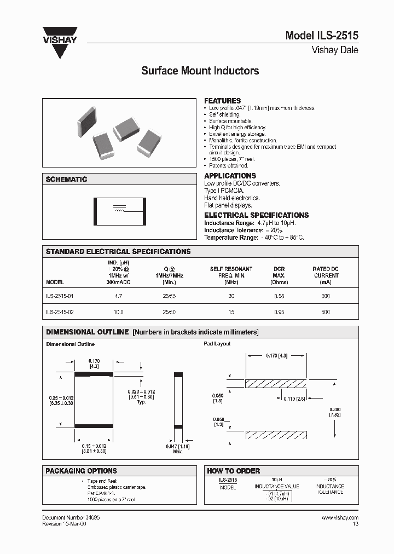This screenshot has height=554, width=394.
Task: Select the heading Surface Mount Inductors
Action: click(200, 71)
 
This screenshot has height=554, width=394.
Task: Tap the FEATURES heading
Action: click(222, 101)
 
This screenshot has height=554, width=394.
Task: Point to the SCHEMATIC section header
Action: click(66, 180)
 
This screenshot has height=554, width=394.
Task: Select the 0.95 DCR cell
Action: click(279, 312)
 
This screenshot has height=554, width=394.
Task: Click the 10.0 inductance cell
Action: click(118, 312)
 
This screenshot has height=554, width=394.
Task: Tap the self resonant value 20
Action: click(231, 296)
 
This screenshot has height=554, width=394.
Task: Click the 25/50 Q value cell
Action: click(169, 312)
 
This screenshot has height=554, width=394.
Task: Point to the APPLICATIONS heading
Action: click(230, 176)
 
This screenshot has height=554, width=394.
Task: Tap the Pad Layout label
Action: click(217, 344)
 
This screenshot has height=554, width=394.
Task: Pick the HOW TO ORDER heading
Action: click(233, 471)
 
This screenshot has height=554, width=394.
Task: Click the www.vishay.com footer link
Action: click(340, 517)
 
